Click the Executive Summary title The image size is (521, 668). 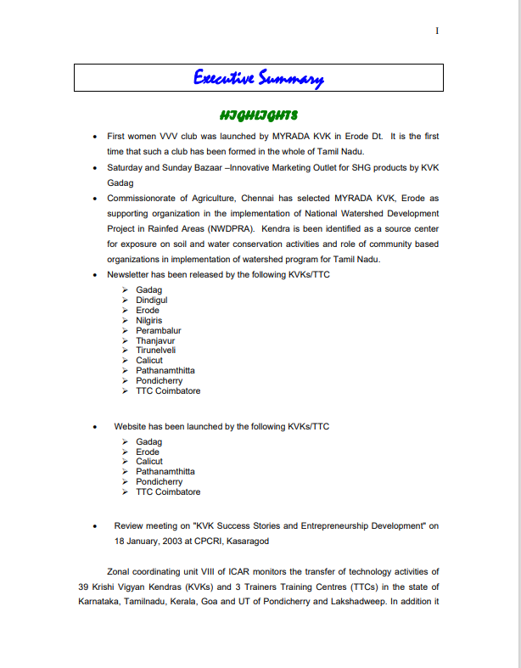click(x=258, y=79)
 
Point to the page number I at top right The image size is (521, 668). click(x=437, y=31)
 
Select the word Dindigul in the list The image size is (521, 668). click(x=151, y=300)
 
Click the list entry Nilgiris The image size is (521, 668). click(x=149, y=321)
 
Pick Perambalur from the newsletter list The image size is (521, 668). click(x=158, y=331)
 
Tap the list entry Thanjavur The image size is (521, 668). click(x=155, y=341)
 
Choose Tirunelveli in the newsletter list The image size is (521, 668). click(x=156, y=351)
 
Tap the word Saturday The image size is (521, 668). click(x=126, y=167)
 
